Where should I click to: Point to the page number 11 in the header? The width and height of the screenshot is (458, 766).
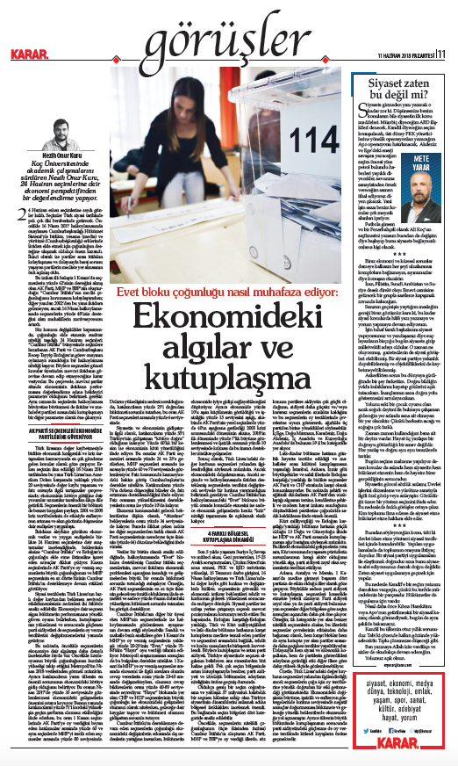[445, 53]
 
